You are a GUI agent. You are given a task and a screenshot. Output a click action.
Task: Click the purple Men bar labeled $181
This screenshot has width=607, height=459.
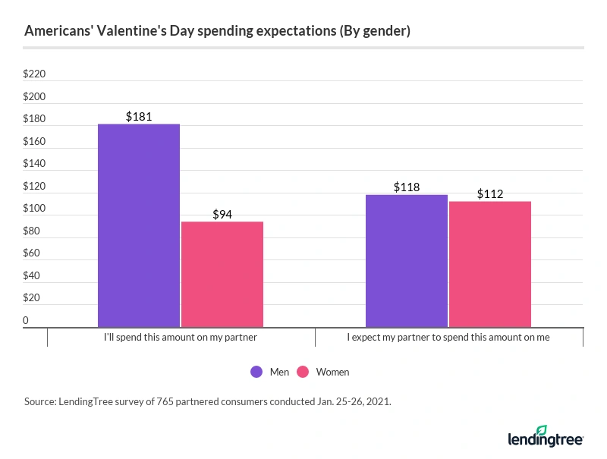pos(139,225)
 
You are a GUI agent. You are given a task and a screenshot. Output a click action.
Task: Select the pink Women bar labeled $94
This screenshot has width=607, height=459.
pos(222,274)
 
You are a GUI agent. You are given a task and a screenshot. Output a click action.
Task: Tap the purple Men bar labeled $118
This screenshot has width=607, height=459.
pos(407,261)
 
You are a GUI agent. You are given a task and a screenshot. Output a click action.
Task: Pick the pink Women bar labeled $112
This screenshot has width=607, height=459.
pos(490,264)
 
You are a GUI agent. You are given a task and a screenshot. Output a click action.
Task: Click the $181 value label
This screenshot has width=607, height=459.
pos(139,117)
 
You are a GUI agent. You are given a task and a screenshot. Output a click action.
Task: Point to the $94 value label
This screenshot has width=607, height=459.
pos(222,215)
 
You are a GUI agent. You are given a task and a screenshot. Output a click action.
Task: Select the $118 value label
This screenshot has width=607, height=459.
pos(407,187)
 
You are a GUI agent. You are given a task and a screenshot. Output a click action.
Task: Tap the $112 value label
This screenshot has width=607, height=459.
pos(490,194)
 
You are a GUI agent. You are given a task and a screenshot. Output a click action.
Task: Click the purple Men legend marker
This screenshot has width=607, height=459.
pos(256,372)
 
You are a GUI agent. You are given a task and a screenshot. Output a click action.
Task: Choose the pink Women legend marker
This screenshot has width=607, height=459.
pos(303,372)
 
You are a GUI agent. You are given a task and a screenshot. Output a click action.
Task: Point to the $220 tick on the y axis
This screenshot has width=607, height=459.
pos(35,74)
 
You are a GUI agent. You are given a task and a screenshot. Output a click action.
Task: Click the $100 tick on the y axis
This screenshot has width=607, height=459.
pos(35,209)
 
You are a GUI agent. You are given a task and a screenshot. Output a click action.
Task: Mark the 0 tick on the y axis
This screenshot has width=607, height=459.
pos(27,320)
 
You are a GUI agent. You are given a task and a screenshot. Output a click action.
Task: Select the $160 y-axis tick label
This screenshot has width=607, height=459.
pos(35,142)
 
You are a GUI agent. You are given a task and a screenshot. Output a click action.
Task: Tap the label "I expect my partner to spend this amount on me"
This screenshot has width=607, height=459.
pos(449,336)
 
